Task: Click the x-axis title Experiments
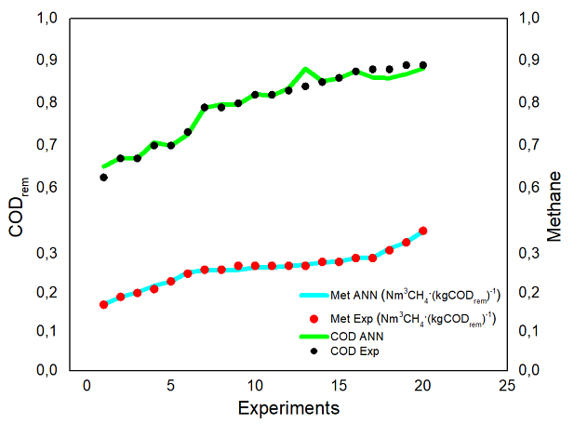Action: [287, 407]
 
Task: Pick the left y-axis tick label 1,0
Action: [47, 19]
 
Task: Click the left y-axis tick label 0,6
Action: [47, 188]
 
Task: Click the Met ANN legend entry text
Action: [410, 297]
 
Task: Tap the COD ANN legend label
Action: [357, 337]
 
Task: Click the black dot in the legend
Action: [314, 351]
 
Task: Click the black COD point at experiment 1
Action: [103, 177]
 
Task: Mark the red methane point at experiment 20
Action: [423, 231]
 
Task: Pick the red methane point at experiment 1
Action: [103, 305]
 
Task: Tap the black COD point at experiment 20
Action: [423, 66]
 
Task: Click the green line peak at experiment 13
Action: [305, 69]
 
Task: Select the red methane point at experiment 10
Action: [255, 266]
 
